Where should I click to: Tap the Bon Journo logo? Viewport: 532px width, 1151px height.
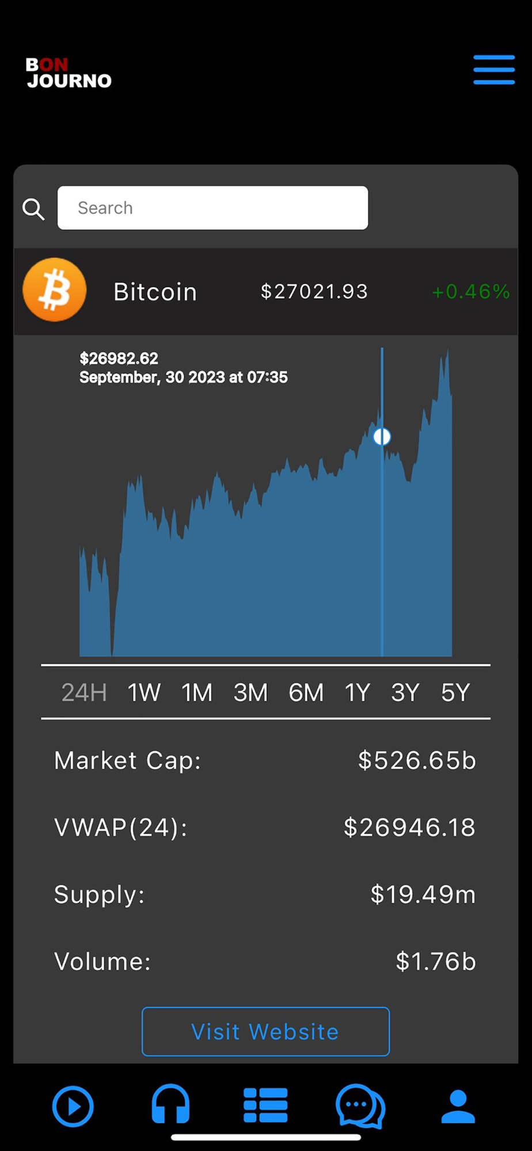(69, 73)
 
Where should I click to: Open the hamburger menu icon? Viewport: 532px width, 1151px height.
(493, 70)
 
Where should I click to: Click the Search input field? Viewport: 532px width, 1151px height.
(212, 208)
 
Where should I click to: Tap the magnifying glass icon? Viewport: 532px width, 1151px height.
(33, 209)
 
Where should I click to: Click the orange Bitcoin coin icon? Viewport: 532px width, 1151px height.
(55, 290)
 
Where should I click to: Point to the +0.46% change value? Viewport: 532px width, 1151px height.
(470, 292)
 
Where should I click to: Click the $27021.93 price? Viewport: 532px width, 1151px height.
(314, 292)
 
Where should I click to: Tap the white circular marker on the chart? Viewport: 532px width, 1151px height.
(382, 437)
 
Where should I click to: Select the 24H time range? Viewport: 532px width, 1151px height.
(84, 692)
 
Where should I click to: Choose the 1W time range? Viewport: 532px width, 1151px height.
(144, 692)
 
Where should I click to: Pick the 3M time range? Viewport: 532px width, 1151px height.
(250, 692)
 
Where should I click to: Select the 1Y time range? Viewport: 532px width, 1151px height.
(357, 692)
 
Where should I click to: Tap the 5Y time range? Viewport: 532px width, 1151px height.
(455, 692)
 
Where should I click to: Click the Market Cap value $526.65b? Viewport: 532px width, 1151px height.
(417, 761)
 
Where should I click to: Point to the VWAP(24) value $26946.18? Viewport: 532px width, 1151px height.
(409, 828)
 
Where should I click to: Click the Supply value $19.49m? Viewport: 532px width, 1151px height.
(423, 894)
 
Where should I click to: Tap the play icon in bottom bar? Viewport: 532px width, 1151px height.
(73, 1106)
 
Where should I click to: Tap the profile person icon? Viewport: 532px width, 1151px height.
(458, 1106)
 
